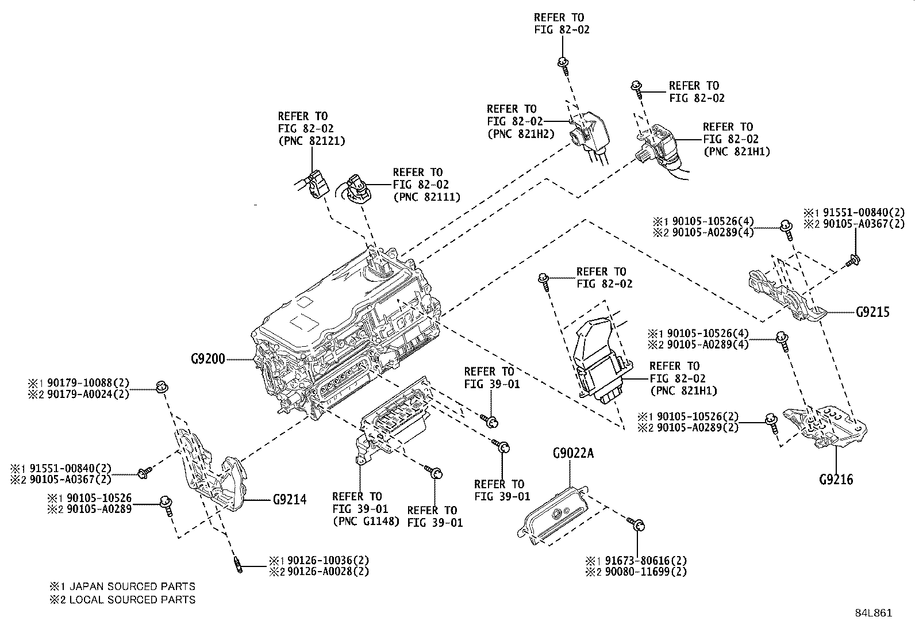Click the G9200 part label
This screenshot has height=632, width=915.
click(208, 360)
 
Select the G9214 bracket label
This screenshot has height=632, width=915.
click(289, 499)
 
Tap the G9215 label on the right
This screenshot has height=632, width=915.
click(872, 312)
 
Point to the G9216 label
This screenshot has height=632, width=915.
click(836, 479)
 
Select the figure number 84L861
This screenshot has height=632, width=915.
click(873, 613)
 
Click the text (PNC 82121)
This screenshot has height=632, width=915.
click(312, 141)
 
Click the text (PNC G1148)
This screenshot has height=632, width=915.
click(366, 522)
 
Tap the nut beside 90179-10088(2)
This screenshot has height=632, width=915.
click(162, 386)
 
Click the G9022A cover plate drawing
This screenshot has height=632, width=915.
click(553, 515)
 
